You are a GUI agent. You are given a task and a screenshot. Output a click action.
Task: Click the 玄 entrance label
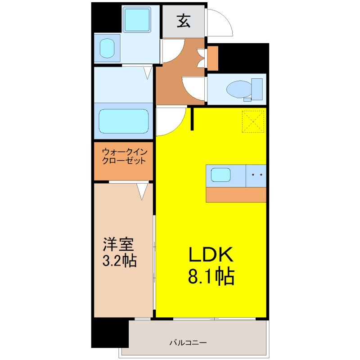pos(184,21)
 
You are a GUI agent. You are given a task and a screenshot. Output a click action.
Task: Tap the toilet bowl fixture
pos(239,89)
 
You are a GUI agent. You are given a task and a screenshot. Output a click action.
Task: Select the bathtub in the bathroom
pos(123,121)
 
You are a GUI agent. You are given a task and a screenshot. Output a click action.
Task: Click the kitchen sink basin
pos(220,175)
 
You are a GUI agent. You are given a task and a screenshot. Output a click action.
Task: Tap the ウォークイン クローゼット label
pos(124,156)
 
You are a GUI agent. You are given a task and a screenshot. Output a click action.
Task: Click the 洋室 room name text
pos(118,244)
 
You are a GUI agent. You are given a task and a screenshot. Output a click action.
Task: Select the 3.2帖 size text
pos(119,261)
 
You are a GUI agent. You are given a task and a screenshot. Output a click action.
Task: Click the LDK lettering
pos(211,254)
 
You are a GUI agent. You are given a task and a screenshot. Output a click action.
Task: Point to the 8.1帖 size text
pos(211,275)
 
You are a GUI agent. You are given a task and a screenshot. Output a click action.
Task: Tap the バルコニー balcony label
pos(188,343)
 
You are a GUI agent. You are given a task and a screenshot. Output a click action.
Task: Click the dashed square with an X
pos(253,121)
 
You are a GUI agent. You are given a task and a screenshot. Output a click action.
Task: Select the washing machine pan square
pos(137,19)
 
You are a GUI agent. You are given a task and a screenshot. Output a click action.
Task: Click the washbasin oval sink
pos(107,48)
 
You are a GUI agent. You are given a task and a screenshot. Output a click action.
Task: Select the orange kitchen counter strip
pos(236,195)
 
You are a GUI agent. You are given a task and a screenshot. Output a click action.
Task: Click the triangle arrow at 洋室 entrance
pos(142,191)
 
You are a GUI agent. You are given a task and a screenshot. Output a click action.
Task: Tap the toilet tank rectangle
pos(257,89)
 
